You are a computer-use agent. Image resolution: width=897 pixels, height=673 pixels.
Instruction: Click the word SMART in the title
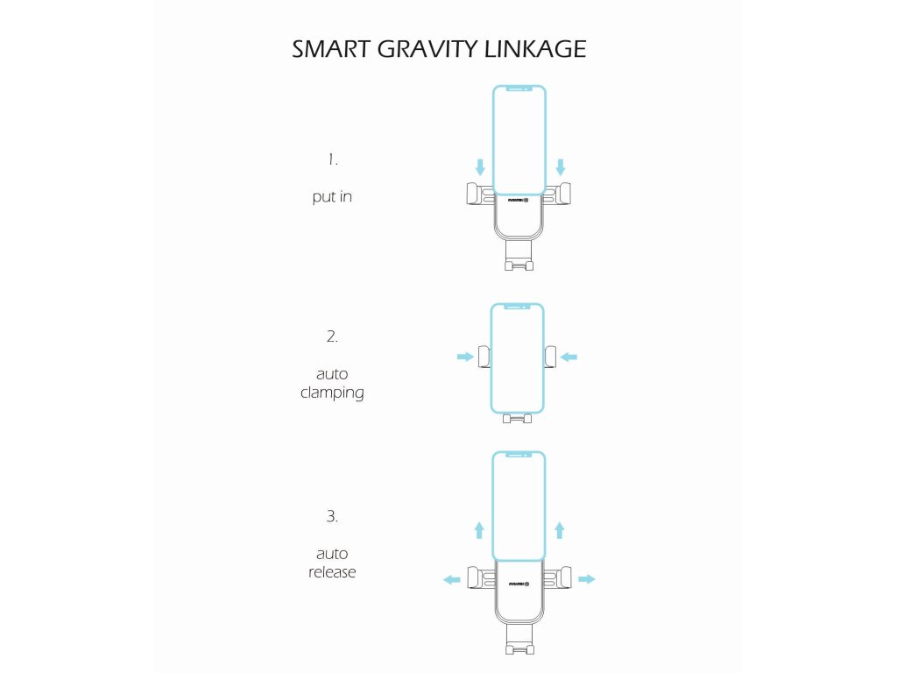click(331, 49)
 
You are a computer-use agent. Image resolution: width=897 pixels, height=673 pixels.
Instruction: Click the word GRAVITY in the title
click(418, 49)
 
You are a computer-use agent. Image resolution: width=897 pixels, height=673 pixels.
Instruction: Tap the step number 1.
click(332, 159)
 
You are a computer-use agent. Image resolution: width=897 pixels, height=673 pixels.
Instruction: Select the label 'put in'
click(332, 197)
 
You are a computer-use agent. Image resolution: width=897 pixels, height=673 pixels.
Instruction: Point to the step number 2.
click(332, 336)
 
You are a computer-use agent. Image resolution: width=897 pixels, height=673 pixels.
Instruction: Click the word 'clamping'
click(332, 393)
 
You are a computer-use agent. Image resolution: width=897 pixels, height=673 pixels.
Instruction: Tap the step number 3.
click(332, 516)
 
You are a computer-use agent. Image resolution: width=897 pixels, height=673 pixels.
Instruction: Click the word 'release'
click(332, 572)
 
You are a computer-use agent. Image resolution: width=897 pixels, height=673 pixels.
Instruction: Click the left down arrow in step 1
click(479, 166)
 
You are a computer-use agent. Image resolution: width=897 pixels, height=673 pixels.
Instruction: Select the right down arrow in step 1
click(561, 166)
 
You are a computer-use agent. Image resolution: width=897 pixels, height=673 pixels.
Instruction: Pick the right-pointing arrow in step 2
click(464, 357)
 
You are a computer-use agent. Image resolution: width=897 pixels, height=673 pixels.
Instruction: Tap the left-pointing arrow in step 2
click(569, 357)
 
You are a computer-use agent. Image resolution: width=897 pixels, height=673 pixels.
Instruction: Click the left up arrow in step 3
click(479, 529)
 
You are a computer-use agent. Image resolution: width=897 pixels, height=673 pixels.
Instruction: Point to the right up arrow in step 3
click(560, 529)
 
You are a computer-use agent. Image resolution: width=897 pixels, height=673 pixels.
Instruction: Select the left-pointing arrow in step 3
click(452, 579)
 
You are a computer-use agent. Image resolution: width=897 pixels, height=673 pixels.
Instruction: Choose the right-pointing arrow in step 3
click(587, 579)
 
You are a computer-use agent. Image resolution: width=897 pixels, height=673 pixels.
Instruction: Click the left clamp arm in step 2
click(484, 356)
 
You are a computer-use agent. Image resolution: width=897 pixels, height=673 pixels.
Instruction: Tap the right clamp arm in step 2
click(550, 356)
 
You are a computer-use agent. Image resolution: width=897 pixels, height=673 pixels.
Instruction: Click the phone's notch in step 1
click(519, 89)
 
